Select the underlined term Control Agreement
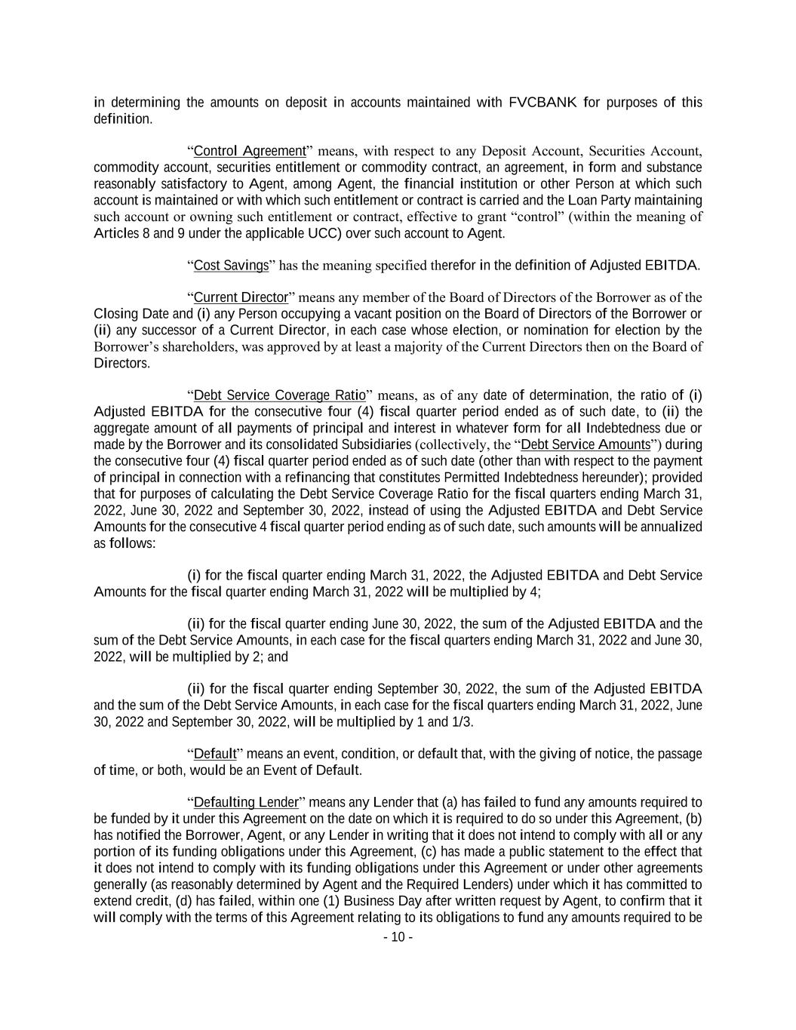[x=250, y=151]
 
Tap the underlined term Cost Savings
[x=231, y=265]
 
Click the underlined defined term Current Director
[x=241, y=297]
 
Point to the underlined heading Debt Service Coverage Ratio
[x=279, y=395]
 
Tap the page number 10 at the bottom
[x=398, y=937]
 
